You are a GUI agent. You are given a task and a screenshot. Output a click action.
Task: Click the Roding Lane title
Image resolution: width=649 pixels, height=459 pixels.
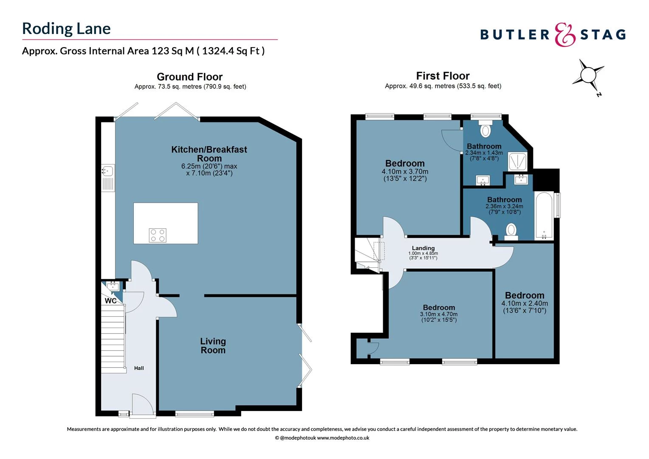[66, 28]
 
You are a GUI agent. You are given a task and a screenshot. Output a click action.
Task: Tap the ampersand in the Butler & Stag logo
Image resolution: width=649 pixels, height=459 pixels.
[565, 35]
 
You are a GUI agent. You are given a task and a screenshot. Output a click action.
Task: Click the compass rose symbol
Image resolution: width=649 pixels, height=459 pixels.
[588, 76]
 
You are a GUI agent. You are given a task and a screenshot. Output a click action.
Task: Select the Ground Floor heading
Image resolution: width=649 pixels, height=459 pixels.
[189, 77]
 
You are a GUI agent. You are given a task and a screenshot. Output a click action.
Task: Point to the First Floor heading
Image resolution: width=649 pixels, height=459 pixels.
[443, 76]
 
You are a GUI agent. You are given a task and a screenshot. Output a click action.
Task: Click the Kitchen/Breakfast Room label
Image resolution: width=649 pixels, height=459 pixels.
[209, 154]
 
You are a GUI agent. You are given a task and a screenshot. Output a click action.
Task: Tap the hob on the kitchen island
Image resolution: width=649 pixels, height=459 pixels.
[158, 235]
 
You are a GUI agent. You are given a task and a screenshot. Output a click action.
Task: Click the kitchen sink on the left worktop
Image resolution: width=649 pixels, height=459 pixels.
[107, 171]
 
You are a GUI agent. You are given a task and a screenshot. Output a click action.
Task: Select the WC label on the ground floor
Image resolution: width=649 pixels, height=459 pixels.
[110, 301]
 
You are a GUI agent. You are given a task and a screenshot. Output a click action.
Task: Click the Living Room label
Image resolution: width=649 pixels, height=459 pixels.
[213, 346]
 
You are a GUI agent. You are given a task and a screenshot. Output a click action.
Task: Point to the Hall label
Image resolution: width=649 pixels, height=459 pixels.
[139, 368]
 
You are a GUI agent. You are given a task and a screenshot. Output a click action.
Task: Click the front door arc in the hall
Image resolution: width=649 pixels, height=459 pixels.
[142, 403]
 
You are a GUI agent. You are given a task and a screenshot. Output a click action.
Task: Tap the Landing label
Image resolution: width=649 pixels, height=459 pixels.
[423, 248]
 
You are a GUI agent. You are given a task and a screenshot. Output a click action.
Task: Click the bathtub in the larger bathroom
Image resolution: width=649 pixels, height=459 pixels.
[544, 216]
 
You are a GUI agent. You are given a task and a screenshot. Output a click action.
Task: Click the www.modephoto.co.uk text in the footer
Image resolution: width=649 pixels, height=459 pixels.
[343, 438]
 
